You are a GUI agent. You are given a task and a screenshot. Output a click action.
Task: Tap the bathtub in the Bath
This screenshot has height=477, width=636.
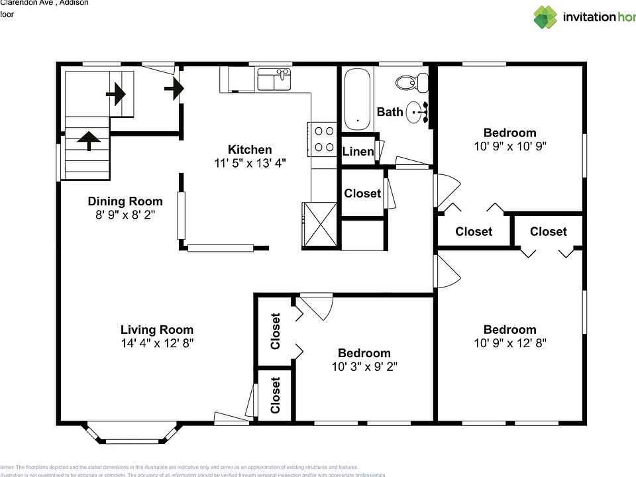click(358, 100)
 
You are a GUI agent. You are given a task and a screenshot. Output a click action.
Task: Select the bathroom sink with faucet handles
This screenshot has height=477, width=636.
click(415, 113)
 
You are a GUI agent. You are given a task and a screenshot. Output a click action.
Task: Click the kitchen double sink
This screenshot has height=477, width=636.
click(274, 80)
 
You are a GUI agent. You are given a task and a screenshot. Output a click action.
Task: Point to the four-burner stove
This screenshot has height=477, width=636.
click(324, 139)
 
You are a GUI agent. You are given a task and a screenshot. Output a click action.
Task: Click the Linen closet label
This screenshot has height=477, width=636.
click(358, 152)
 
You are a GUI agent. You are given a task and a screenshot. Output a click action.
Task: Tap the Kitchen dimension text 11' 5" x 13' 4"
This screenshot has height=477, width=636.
click(250, 163)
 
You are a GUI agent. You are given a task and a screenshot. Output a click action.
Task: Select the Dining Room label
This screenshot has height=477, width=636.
click(125, 201)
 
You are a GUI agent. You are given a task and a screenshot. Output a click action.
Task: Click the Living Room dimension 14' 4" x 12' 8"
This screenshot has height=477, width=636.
click(157, 343)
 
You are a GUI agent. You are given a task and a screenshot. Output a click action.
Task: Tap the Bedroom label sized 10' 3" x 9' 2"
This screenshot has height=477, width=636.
click(364, 353)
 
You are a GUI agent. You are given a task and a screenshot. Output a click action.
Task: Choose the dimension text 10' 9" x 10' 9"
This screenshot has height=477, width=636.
click(509, 146)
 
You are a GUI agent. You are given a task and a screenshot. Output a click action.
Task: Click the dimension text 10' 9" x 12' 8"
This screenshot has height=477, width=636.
click(509, 343)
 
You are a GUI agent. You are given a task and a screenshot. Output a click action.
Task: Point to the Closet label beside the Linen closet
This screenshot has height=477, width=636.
click(362, 193)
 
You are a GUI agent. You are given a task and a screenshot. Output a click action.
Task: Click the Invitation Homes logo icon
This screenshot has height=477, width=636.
click(545, 17)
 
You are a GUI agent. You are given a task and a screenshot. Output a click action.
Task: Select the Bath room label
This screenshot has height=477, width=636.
click(390, 112)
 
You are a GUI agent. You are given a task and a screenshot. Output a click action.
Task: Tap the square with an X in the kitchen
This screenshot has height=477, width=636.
click(320, 225)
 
